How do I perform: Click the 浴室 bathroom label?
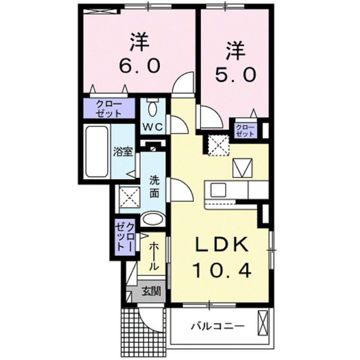point(124,152)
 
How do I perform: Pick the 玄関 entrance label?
point(151,292)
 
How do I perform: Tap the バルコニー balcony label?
point(216,326)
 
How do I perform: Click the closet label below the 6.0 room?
point(108,108)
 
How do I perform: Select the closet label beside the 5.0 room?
point(245,130)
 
